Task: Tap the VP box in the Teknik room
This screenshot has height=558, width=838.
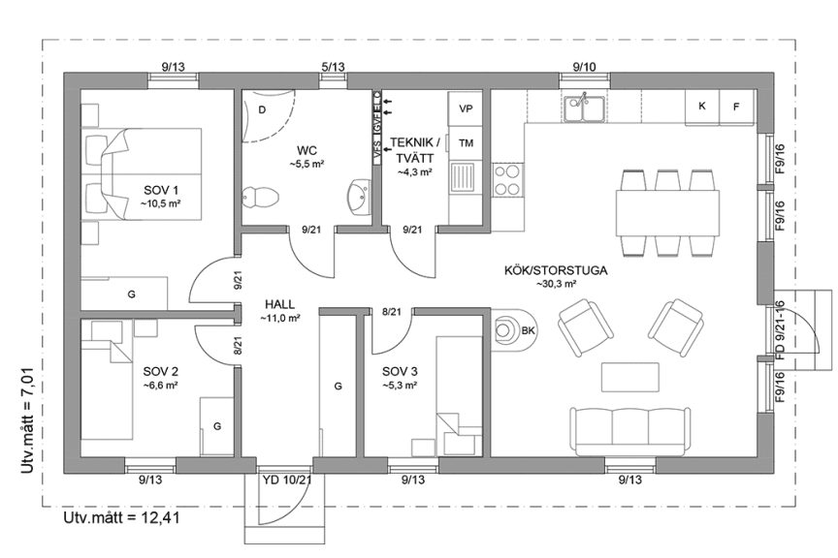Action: coord(466,108)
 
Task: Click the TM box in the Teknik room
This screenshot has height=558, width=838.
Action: coord(466,143)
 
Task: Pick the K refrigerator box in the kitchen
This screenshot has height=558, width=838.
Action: coord(701,106)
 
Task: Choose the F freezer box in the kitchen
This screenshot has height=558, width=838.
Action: coord(736,106)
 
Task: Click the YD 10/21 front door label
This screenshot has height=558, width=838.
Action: coord(287,480)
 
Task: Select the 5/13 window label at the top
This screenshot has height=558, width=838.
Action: coord(333,67)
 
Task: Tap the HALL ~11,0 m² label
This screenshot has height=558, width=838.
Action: coord(278,310)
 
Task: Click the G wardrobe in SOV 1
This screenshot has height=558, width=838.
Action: coord(130,293)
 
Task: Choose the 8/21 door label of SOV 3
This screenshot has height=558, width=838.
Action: coord(392,311)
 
